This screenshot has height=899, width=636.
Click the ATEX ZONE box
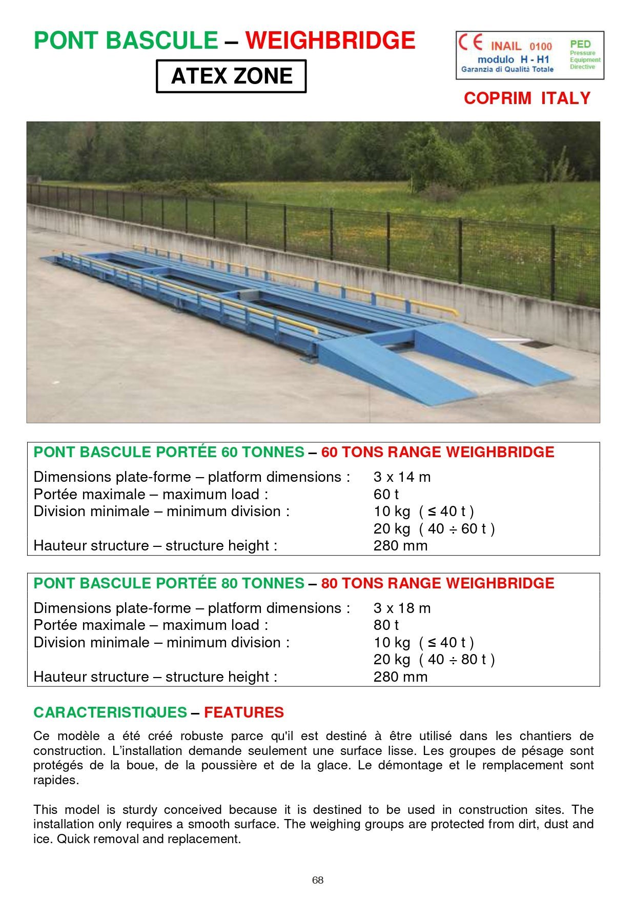click(231, 76)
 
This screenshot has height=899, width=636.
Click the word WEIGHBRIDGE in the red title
click(330, 41)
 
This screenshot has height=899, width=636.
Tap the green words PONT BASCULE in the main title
click(126, 41)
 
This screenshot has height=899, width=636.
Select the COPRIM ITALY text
click(527, 98)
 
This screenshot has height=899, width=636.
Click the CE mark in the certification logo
click(470, 42)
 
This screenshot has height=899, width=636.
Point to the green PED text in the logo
click(580, 45)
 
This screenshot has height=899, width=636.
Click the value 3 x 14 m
click(402, 477)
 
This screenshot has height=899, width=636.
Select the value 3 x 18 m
click(402, 608)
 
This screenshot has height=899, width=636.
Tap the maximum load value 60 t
click(386, 494)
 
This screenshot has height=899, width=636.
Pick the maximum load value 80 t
click(386, 625)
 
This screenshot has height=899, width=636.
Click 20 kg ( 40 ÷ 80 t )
click(434, 660)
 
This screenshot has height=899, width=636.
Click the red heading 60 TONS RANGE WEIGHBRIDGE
click(438, 452)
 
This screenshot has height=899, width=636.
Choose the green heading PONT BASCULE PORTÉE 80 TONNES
click(169, 583)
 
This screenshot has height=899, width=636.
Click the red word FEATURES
click(244, 712)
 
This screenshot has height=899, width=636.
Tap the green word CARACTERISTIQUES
click(110, 712)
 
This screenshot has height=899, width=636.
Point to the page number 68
click(318, 880)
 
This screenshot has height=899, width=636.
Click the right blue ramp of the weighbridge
click(492, 351)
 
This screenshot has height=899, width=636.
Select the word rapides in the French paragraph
click(55, 780)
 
